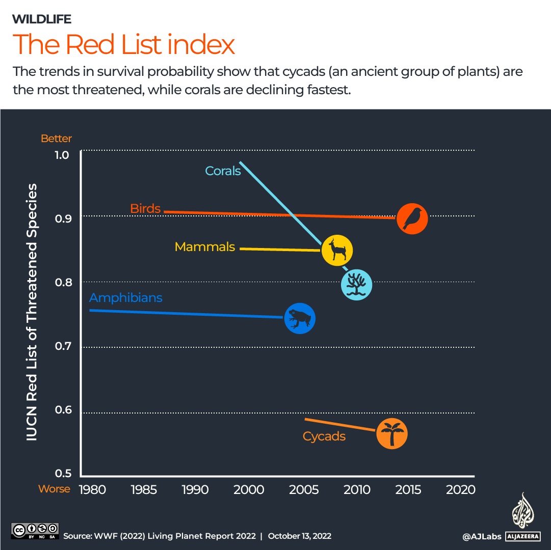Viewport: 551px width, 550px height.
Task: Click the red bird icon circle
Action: click(x=412, y=218)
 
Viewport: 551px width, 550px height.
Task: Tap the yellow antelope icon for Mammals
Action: click(x=337, y=250)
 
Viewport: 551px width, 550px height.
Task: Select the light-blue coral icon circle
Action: click(x=356, y=285)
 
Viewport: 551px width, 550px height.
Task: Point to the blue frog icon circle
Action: click(x=300, y=319)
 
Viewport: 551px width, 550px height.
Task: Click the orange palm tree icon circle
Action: click(x=392, y=434)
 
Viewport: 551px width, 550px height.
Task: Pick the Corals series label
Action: click(x=223, y=171)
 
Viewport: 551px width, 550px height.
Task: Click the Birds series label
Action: click(x=145, y=208)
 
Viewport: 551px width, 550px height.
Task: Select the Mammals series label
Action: click(x=204, y=247)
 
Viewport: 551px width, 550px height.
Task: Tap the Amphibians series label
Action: click(x=125, y=297)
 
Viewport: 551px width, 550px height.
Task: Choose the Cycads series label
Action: click(x=324, y=436)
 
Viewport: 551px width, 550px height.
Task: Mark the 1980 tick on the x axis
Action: click(x=92, y=490)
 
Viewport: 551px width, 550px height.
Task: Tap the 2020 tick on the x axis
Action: click(x=460, y=490)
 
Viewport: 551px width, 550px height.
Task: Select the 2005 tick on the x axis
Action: click(x=304, y=490)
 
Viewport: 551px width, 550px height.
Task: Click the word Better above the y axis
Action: click(x=56, y=139)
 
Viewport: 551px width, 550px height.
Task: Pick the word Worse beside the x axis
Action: click(x=54, y=489)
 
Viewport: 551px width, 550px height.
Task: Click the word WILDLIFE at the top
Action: click(x=41, y=19)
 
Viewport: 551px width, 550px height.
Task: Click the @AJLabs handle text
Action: click(x=482, y=536)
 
